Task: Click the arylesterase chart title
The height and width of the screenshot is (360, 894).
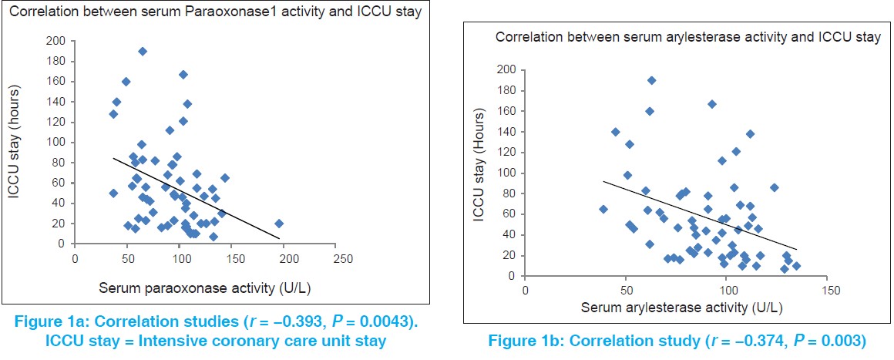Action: (x=687, y=37)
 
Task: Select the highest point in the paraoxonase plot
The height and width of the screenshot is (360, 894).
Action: (x=143, y=52)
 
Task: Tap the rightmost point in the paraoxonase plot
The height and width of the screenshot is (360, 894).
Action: (x=279, y=224)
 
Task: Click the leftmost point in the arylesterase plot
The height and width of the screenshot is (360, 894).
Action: (x=603, y=209)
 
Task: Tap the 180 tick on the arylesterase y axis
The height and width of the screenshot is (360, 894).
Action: (x=505, y=90)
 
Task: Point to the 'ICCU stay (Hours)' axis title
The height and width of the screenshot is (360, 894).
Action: (x=480, y=173)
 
